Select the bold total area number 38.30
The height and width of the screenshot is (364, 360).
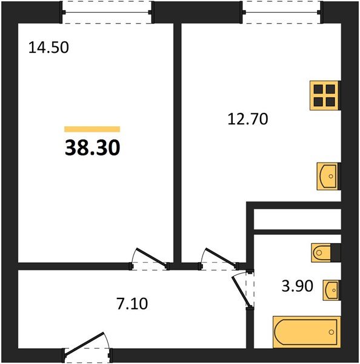click(92, 147)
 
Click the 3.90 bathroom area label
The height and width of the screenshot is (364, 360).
click(298, 286)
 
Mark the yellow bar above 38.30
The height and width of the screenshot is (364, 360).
click(92, 129)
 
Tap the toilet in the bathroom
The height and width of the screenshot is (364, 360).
click(324, 252)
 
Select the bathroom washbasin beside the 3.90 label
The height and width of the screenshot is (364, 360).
click(330, 290)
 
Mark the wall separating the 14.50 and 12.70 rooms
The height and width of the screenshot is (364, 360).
click(178, 143)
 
